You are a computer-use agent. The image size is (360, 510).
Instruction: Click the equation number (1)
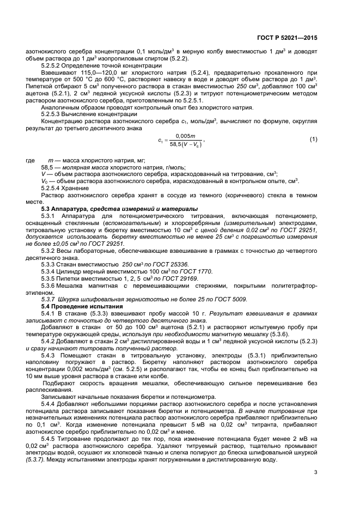[313, 139]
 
